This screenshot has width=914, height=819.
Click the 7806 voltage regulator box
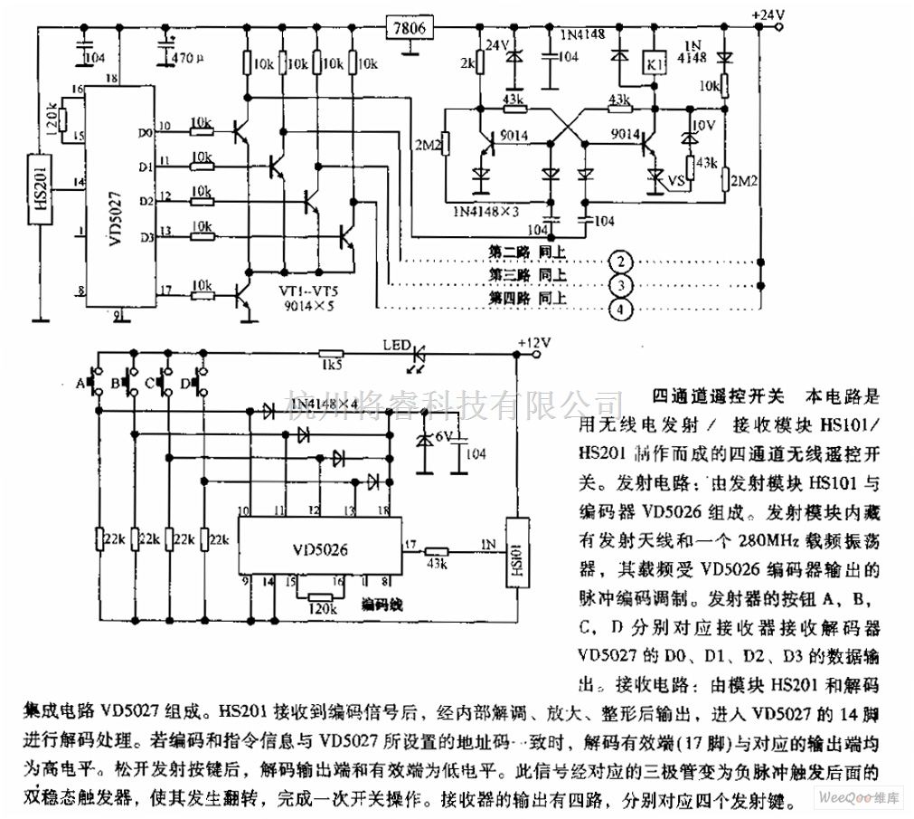click(x=410, y=28)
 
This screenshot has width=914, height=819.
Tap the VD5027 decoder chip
click(x=108, y=195)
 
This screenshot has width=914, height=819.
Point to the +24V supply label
click(x=768, y=14)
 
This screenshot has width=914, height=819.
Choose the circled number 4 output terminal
click(x=619, y=310)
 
